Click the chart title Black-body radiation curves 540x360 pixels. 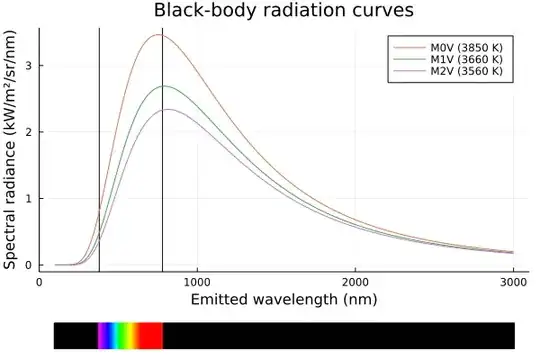pos(269,11)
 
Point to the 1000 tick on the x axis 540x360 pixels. pos(197,283)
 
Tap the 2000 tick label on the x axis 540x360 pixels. pos(355,283)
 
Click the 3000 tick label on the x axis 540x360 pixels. pos(513,283)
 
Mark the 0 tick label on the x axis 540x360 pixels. pos(39,283)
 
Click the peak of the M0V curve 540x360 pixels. pos(158,35)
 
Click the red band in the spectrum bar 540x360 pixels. pos(151,335)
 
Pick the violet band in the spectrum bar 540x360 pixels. pos(100,335)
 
